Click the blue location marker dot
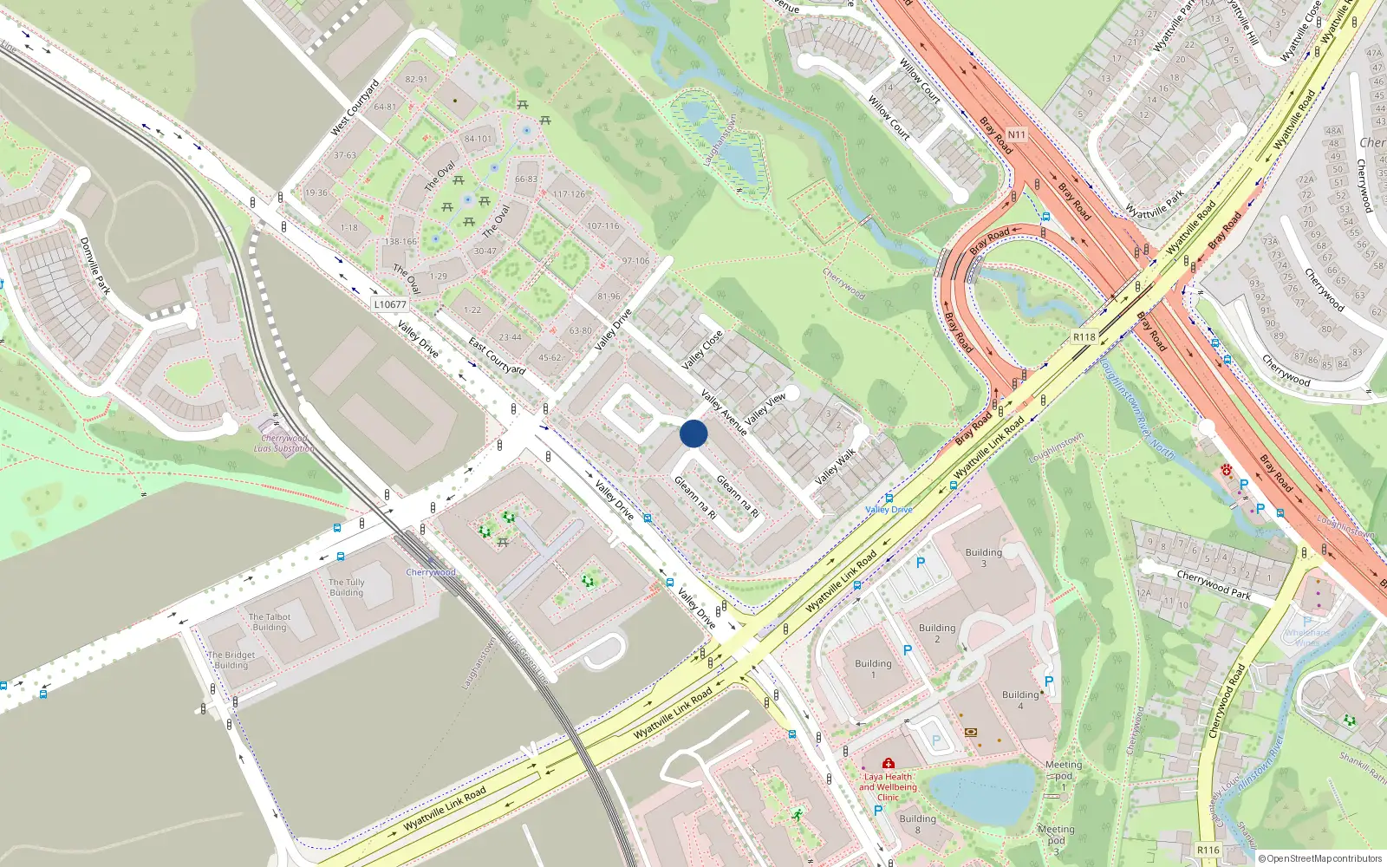point(693,433)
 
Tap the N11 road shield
point(1016,134)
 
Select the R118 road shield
point(1084,337)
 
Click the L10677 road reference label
point(390,304)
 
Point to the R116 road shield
point(1208,850)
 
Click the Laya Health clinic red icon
point(888,764)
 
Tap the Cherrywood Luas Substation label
point(284,443)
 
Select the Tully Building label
point(347,588)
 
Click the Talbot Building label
point(270,623)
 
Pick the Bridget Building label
point(231,661)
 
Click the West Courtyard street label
point(355,108)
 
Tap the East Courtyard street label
point(497,356)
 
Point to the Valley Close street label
point(702,350)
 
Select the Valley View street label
point(765,408)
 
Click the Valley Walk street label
point(835,466)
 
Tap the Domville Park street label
point(95,265)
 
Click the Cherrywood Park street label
point(1214,585)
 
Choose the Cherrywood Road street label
point(1227,701)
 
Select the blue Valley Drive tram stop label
point(889,510)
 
